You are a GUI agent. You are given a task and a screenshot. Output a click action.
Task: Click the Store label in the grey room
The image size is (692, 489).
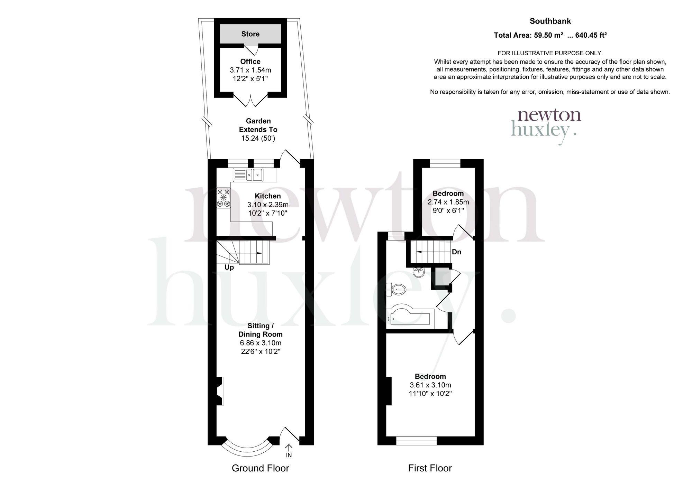pos(250,34)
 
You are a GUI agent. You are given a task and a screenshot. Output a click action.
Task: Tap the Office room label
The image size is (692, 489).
pos(250,62)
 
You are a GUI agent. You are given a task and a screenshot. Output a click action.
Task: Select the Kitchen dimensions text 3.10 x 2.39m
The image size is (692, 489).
pos(268,205)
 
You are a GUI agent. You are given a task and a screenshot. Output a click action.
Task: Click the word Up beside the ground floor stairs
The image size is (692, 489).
pos(229,267)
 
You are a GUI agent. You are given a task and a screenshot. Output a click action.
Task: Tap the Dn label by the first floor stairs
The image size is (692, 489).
pos(456,252)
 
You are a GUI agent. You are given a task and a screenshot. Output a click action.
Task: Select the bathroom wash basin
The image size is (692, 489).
pos(419,273)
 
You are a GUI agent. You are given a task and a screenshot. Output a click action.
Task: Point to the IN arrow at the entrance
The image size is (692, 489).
pos(289,451)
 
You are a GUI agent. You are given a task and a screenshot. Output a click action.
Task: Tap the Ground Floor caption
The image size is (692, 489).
pos(260,468)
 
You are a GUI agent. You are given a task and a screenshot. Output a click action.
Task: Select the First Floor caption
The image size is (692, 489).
pos(430,468)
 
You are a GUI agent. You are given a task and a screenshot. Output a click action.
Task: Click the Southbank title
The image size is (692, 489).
pos(550,21)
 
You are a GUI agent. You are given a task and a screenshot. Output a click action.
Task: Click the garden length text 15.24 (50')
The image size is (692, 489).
pos(258,138)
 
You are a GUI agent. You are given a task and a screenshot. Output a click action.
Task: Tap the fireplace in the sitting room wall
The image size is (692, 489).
pos(220,391)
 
